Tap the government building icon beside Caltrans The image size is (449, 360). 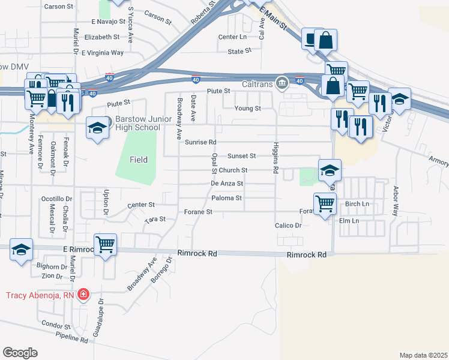[x=281, y=83]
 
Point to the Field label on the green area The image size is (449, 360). [x=139, y=159]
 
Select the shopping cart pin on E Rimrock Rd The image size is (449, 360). [x=106, y=245]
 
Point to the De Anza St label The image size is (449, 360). [x=227, y=184]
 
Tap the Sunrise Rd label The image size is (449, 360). [x=200, y=142]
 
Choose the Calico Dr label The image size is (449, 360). [x=288, y=226]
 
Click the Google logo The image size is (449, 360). [x=20, y=353]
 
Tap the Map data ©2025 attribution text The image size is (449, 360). [x=423, y=355]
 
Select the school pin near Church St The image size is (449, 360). [x=330, y=170]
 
